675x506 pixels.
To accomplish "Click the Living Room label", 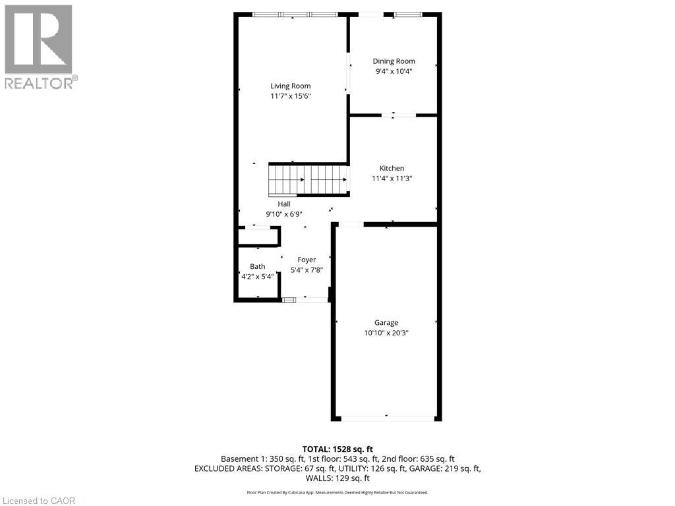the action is pyautogui.click(x=291, y=86).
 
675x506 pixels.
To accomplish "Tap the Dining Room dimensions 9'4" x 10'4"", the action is pyautogui.click(x=394, y=71).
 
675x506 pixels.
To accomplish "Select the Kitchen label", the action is pyautogui.click(x=392, y=168).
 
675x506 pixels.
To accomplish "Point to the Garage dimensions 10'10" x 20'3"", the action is pyautogui.click(x=386, y=333).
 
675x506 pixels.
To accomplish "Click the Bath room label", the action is pyautogui.click(x=258, y=266).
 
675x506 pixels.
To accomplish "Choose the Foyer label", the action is pyautogui.click(x=307, y=260).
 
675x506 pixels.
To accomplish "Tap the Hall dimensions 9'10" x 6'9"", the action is pyautogui.click(x=284, y=214).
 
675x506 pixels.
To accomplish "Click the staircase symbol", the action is pyautogui.click(x=308, y=180).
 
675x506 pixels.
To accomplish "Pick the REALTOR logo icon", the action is pyautogui.click(x=39, y=40).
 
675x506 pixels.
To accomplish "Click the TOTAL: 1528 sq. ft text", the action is pyautogui.click(x=337, y=449).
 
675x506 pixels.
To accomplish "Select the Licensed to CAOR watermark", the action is pyautogui.click(x=38, y=501).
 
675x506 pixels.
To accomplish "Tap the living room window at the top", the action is pyautogui.click(x=295, y=14).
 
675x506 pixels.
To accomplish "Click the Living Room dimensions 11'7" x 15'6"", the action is pyautogui.click(x=291, y=96).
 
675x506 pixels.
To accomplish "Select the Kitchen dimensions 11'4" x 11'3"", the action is pyautogui.click(x=392, y=178).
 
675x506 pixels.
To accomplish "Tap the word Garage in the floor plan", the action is pyautogui.click(x=386, y=323).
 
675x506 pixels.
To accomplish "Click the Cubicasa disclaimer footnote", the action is pyautogui.click(x=337, y=492).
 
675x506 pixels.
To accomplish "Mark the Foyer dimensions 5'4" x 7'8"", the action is pyautogui.click(x=307, y=270).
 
